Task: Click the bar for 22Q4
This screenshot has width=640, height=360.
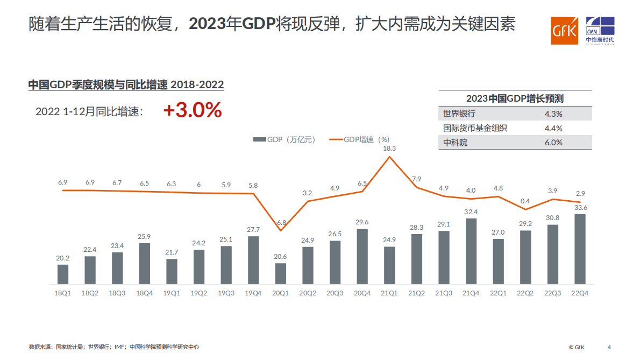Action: click(580, 249)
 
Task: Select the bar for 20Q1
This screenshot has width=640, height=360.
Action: click(281, 273)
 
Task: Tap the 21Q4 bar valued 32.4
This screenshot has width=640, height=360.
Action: click(471, 251)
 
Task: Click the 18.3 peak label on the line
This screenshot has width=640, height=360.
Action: click(389, 148)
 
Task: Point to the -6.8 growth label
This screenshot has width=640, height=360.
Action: click(281, 222)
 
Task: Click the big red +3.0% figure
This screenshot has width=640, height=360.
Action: click(193, 110)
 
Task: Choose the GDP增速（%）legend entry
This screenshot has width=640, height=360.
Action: click(359, 139)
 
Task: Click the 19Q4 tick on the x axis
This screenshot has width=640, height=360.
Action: click(253, 293)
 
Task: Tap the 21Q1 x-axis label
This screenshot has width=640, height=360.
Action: click(389, 293)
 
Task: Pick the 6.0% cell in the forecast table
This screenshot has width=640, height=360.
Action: click(553, 143)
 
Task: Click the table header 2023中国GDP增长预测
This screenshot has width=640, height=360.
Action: click(515, 98)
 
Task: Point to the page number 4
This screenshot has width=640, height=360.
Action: click(609, 347)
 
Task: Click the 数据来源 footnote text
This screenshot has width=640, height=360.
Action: click(113, 347)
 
